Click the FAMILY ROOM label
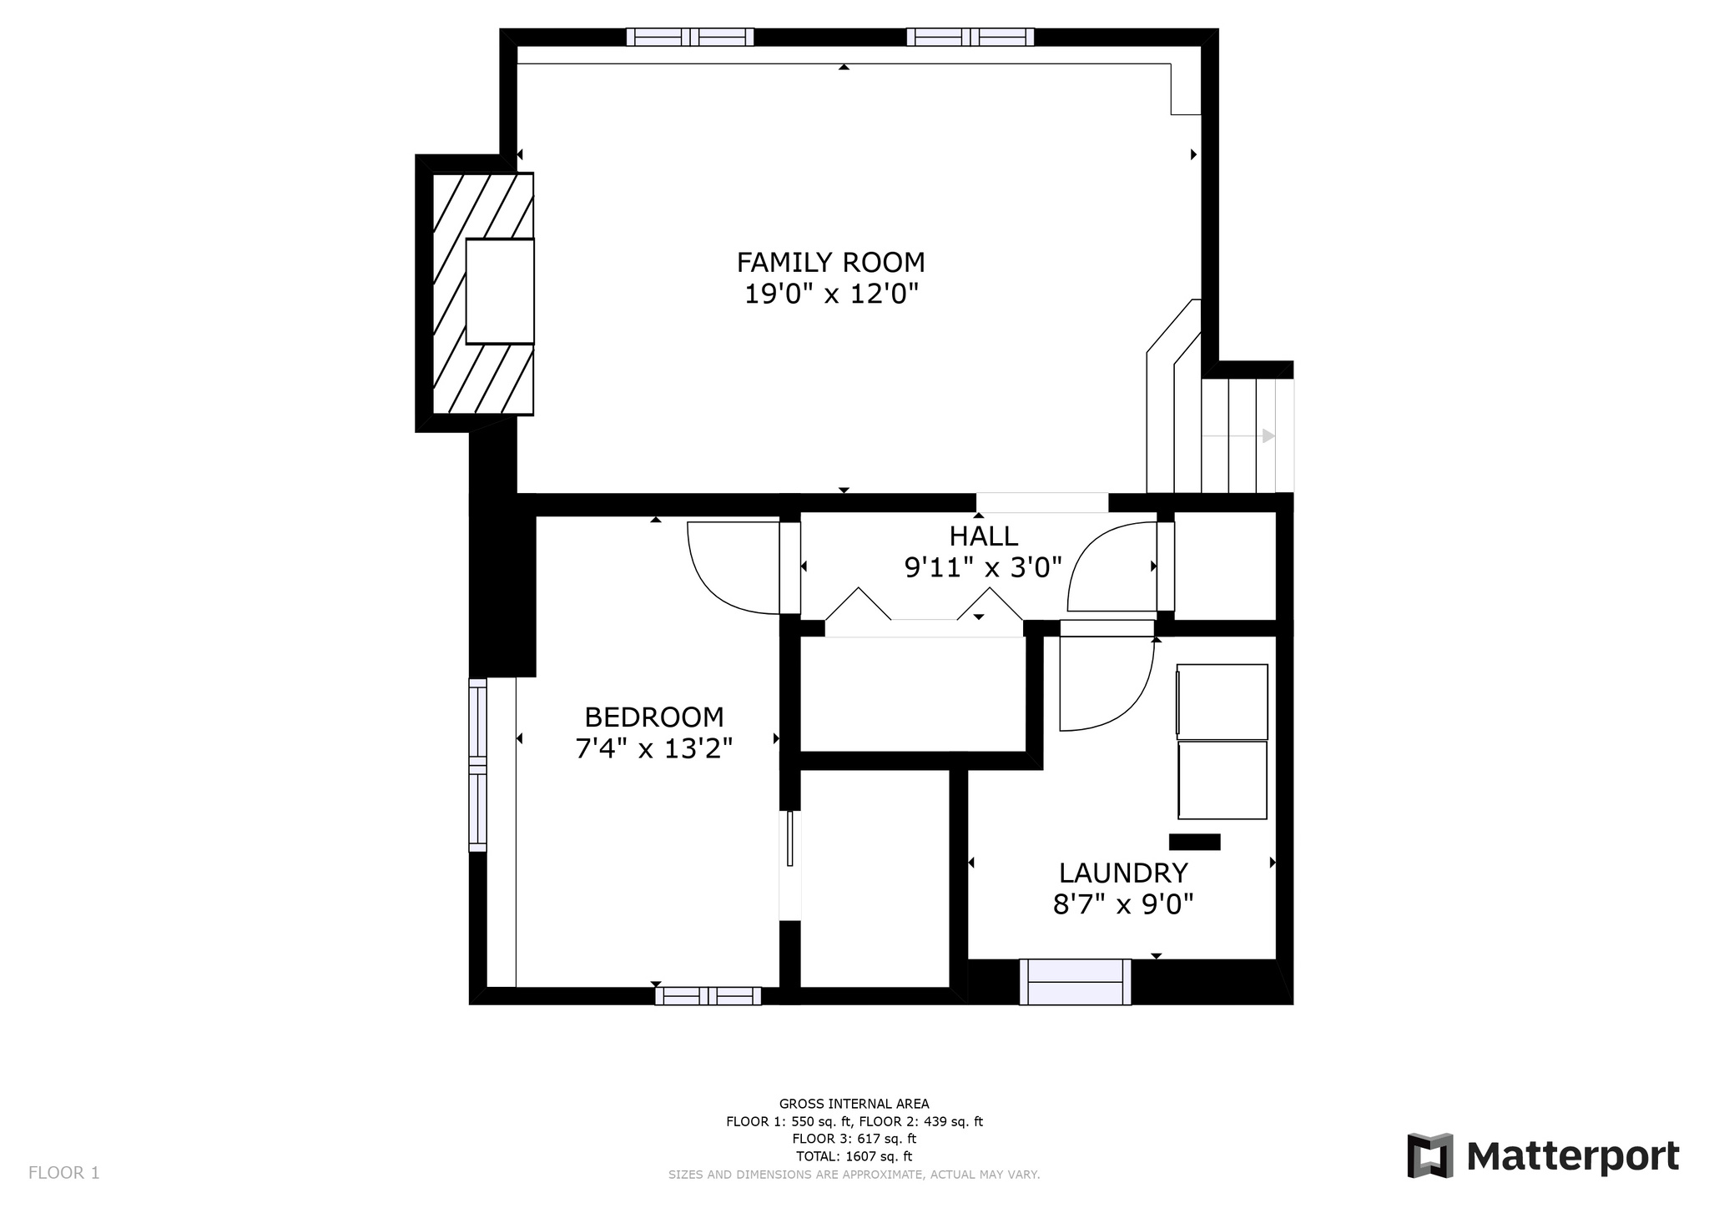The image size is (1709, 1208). pos(830,263)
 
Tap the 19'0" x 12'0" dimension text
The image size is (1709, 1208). pos(831,294)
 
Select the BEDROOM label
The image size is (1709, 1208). pos(654,717)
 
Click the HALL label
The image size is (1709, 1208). pos(984,536)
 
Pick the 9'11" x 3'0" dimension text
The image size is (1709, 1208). pos(983,568)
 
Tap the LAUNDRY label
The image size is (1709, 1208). pos(1123,873)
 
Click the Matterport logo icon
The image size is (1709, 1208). pos(1430,1155)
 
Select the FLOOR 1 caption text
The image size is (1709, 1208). pos(64,1173)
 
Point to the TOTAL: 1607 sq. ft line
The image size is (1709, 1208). pos(854,1156)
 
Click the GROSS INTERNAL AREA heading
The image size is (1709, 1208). pos(854,1104)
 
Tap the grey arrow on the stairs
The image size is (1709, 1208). pos(1238,435)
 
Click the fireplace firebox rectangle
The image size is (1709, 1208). pos(500,291)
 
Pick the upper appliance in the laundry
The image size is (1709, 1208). pos(1222,702)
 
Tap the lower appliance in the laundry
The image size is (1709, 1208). pos(1223,780)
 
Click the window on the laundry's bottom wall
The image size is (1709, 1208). pos(1075,982)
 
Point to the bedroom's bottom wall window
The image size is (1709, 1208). pos(708,995)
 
